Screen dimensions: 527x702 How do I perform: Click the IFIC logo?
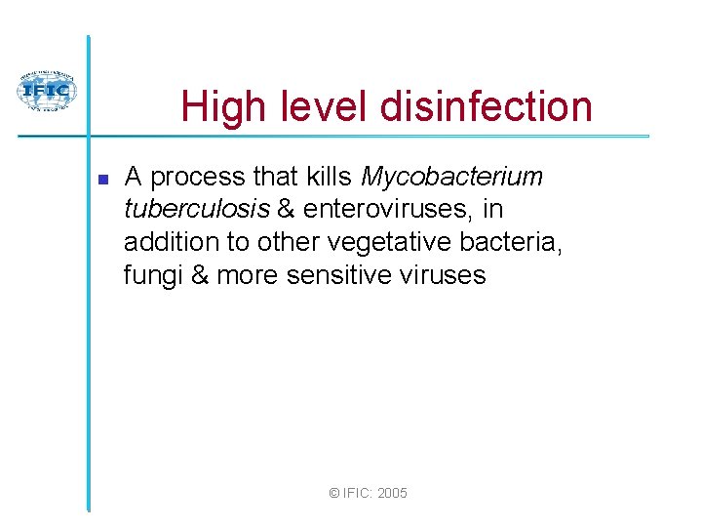tap(46, 92)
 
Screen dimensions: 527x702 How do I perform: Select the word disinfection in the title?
tap(487, 105)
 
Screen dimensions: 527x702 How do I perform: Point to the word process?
tap(199, 177)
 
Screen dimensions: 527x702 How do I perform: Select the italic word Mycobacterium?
tap(451, 177)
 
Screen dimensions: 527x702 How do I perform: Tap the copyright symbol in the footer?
tap(334, 494)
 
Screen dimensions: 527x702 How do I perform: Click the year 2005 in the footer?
tap(392, 494)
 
